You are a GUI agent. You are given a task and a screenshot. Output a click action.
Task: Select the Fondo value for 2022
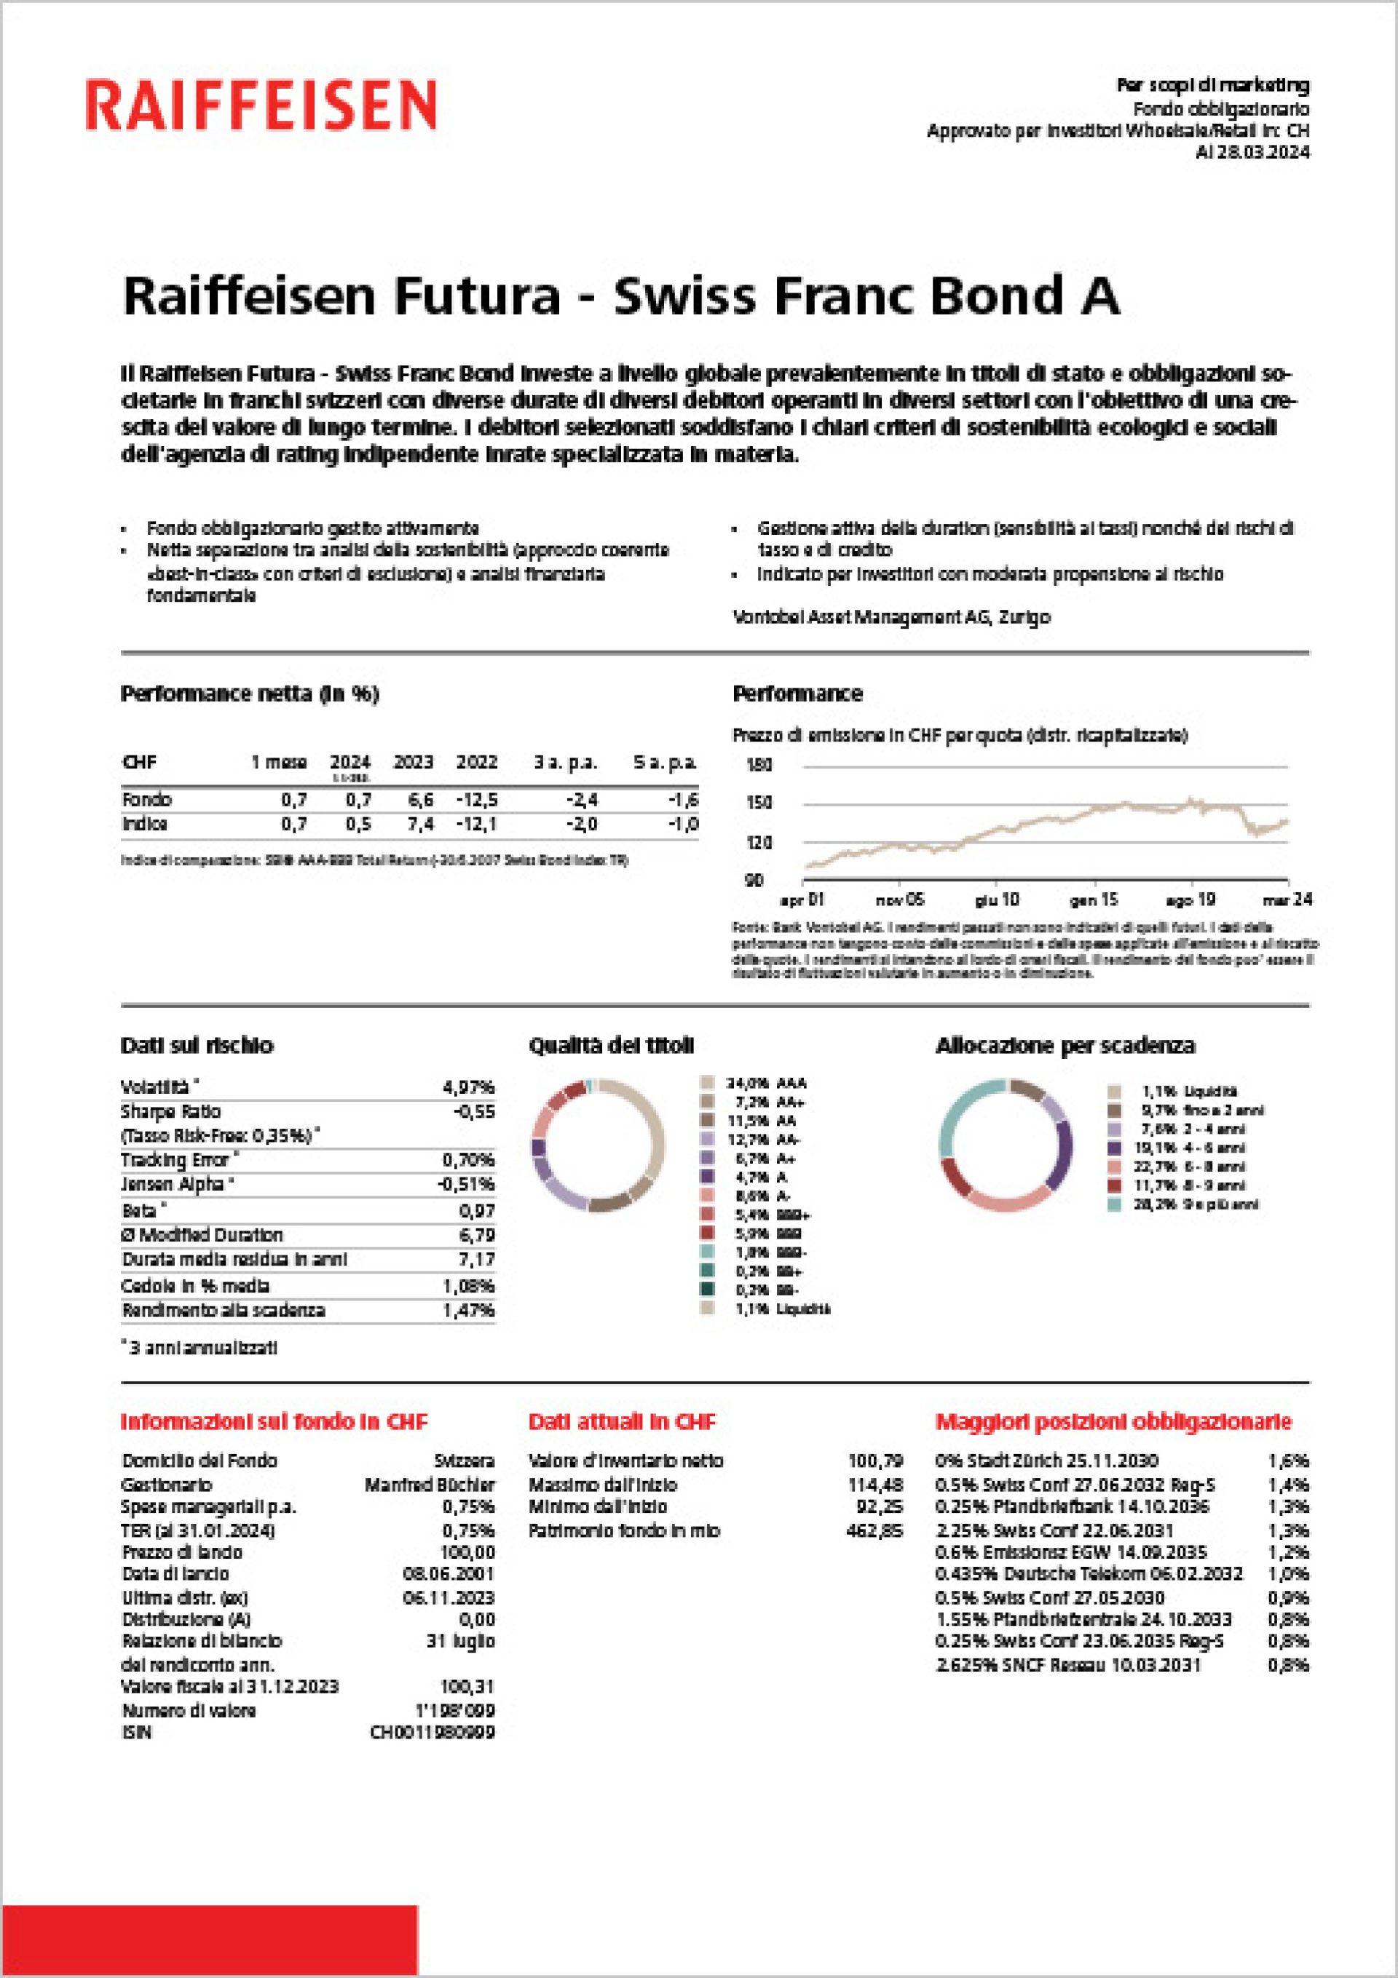[477, 800]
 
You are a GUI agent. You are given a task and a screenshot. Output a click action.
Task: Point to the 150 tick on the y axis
[759, 803]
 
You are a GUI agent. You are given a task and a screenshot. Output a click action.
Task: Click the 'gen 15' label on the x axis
[1093, 899]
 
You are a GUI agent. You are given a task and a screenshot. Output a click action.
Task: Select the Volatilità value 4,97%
[468, 1087]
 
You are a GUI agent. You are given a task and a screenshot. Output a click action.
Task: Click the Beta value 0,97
[477, 1210]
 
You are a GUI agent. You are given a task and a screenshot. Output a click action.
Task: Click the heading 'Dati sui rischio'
[197, 1045]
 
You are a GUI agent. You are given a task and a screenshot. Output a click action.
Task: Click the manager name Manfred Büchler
[429, 1485]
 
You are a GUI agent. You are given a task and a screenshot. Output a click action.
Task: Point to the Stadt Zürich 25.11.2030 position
[1046, 1461]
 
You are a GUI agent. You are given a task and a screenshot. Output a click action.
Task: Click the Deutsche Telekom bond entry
[1089, 1573]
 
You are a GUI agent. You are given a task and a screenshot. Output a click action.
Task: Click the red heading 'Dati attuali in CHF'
[621, 1421]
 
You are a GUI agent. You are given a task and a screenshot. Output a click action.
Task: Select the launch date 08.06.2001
[449, 1574]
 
